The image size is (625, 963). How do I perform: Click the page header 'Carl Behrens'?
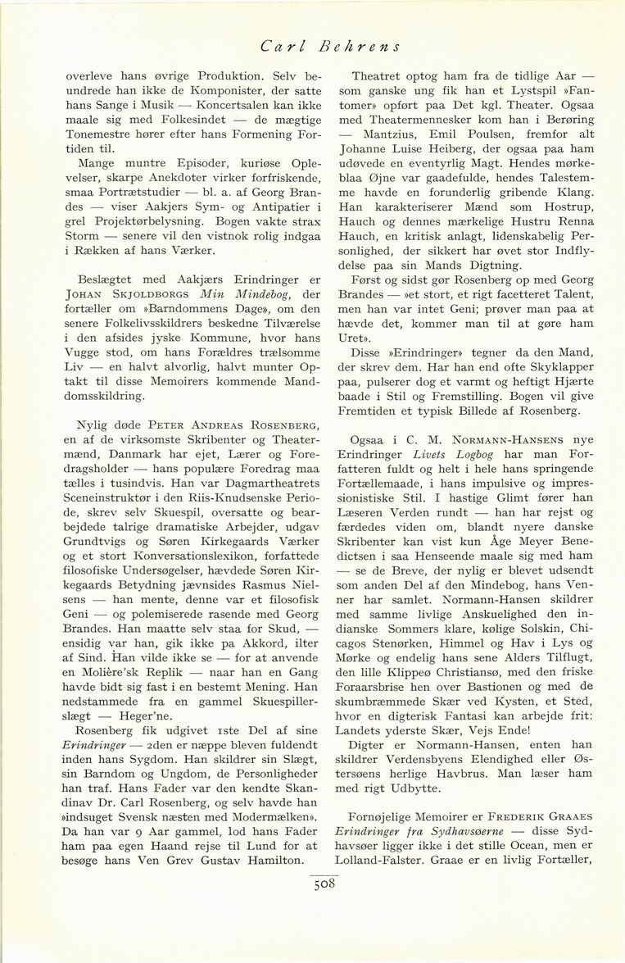(x=330, y=47)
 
